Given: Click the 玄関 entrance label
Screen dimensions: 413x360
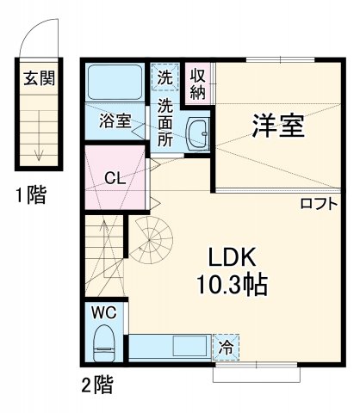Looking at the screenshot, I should pos(38,79).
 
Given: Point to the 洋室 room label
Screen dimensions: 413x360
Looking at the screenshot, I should pos(277,126).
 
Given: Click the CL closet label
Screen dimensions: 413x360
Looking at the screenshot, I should pos(114,179).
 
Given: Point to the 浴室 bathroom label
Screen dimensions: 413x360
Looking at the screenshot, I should pos(115,120).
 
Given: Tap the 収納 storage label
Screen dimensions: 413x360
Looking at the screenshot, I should pos(197,83).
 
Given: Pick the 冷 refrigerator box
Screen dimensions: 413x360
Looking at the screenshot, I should pos(227,348).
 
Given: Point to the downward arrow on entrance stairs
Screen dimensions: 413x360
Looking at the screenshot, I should pos(38,150).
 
